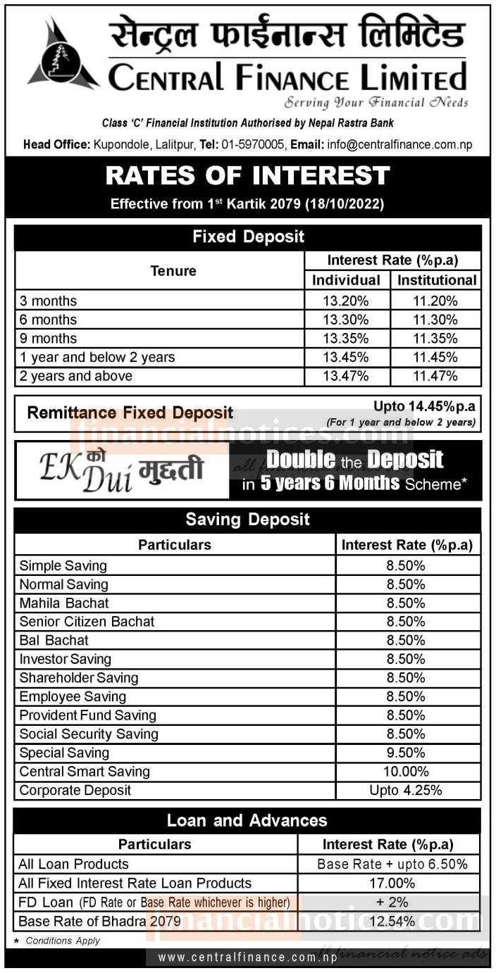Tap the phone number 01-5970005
click(254, 145)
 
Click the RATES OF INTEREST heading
click(247, 176)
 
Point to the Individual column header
click(346, 280)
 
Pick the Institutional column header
click(437, 280)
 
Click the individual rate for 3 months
click(346, 301)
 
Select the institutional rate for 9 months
click(435, 339)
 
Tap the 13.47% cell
click(346, 376)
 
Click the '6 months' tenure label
click(49, 320)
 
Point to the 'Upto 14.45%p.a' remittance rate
click(424, 406)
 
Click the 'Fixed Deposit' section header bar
click(248, 237)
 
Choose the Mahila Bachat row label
click(64, 603)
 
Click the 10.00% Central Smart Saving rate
click(406, 772)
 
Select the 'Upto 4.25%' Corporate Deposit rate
click(406, 791)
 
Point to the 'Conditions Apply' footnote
click(63, 941)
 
